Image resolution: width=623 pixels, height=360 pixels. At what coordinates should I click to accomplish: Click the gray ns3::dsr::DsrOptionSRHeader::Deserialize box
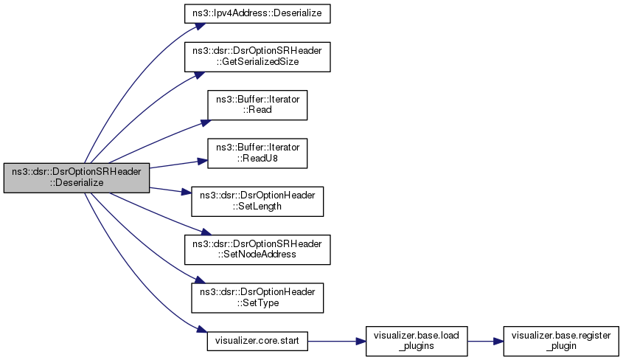[77, 178]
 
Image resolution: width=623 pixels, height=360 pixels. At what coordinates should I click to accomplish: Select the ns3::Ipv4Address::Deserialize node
[257, 13]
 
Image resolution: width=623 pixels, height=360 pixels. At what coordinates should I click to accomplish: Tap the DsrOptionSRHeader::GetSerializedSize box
[257, 57]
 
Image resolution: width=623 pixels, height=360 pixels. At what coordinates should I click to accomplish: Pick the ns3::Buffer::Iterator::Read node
[257, 105]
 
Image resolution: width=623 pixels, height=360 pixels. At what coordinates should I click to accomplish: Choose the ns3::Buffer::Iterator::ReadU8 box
[257, 153]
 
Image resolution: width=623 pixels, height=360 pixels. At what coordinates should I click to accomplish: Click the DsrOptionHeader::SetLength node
[257, 201]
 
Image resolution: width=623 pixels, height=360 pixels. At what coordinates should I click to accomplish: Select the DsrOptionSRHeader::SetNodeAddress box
[257, 249]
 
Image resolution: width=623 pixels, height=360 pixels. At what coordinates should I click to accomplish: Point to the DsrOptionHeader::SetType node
[257, 297]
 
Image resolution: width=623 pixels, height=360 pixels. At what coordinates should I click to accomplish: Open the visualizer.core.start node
[257, 341]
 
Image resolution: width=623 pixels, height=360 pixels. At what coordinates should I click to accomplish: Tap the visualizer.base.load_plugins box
[417, 341]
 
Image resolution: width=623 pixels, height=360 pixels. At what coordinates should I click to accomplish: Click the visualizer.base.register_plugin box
[561, 341]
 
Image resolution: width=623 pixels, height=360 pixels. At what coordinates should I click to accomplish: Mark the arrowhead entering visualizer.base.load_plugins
[361, 342]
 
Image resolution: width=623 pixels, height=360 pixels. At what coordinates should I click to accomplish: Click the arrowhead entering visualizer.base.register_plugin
[498, 342]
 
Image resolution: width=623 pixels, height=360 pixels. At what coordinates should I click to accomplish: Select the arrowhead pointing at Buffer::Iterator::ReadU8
[203, 161]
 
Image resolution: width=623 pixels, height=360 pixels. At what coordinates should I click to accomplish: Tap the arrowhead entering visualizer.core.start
[202, 330]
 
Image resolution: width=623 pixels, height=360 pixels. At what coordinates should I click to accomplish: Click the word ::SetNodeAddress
[257, 255]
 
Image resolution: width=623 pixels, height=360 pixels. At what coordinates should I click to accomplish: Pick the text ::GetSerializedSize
[257, 61]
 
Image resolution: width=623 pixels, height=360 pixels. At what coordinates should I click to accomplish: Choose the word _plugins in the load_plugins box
[417, 346]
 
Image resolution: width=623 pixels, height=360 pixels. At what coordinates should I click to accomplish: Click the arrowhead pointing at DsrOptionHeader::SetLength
[187, 193]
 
